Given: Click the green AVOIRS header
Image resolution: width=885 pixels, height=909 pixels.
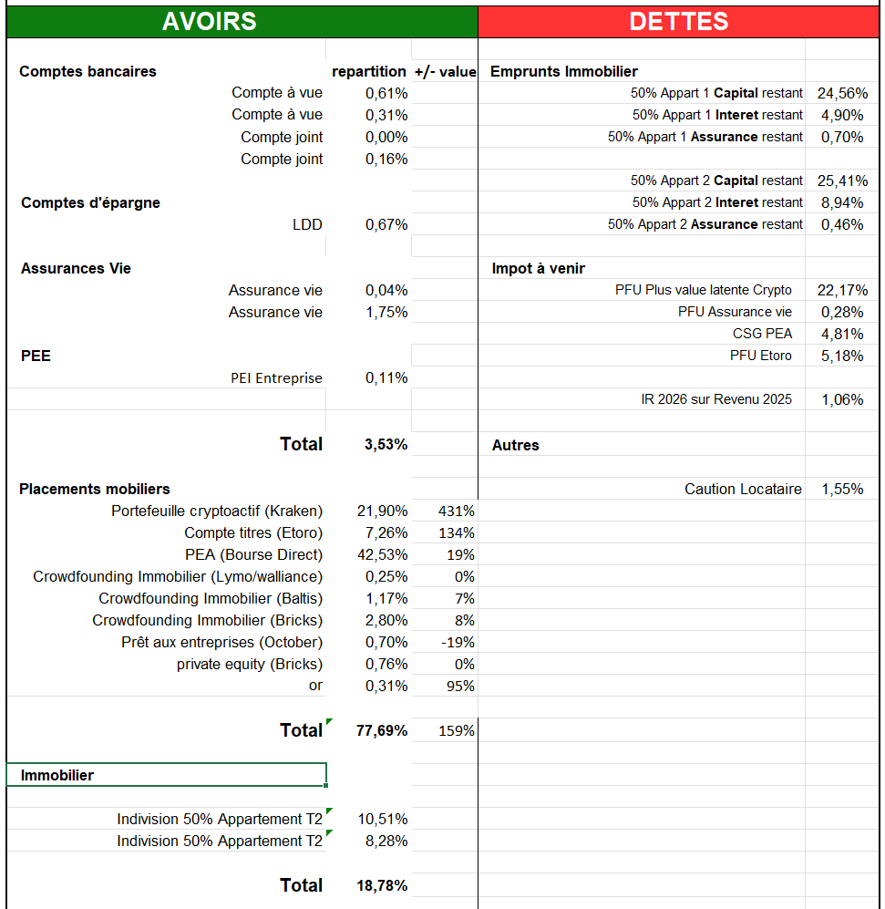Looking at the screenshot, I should click(209, 22).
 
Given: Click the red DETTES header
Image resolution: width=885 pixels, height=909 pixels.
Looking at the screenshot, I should click(678, 22).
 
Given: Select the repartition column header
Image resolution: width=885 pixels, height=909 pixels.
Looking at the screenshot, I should click(368, 71).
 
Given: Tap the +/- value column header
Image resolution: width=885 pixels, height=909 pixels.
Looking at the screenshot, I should click(445, 71).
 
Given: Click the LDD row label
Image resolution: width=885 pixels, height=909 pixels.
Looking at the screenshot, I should click(307, 224).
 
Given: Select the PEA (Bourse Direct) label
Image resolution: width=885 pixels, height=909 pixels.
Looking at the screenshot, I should click(253, 554).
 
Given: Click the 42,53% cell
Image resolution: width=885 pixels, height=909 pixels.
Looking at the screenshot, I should click(386, 554).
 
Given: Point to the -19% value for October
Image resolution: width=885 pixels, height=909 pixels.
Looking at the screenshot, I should click(458, 642).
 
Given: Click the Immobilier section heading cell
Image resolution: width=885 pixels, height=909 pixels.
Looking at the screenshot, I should click(166, 775).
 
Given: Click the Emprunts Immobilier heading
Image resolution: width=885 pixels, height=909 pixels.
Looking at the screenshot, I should click(564, 71).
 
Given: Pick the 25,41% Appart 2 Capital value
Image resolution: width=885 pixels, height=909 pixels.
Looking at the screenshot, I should click(842, 181).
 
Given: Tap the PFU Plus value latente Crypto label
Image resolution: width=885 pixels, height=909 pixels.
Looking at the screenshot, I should click(704, 290).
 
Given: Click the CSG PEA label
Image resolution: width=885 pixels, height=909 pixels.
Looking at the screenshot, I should click(762, 334).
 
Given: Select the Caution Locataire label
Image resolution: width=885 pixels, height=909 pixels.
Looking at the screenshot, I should click(743, 489).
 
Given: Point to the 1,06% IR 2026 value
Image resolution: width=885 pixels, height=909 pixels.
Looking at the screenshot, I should click(842, 399).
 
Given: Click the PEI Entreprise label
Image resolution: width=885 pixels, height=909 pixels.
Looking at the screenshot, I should click(276, 377).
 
